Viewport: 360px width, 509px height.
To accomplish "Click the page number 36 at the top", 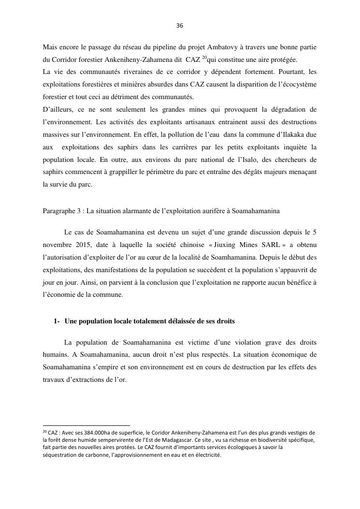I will (x=180, y=26).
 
